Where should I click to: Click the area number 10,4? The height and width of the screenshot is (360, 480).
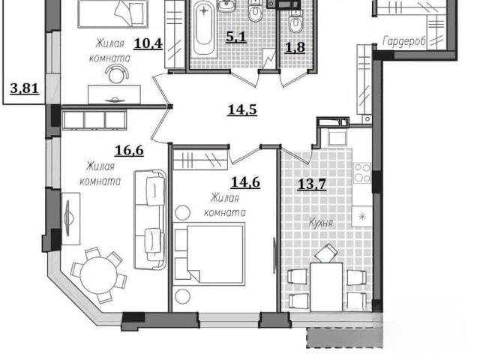(x=148, y=43)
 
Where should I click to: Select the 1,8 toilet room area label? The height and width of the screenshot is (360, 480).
(x=295, y=47)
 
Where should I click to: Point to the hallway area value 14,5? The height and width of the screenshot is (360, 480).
(x=242, y=110)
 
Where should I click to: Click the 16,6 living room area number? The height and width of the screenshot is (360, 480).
(x=129, y=150)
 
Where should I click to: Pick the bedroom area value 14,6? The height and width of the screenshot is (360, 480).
(x=245, y=182)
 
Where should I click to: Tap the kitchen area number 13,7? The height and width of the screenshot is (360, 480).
(x=312, y=184)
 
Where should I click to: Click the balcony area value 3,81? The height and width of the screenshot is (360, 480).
(x=25, y=88)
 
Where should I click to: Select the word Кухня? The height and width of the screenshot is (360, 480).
(x=320, y=223)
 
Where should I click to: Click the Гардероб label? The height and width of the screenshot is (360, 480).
(x=403, y=42)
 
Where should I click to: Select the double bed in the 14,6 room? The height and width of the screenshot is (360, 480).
(x=209, y=254)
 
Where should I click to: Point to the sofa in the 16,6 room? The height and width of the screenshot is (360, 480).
(x=150, y=220)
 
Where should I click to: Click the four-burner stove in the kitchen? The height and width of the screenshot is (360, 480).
(x=362, y=172)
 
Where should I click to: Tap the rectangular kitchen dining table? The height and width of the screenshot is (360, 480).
(x=326, y=286)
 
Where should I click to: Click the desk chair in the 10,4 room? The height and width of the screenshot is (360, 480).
(x=116, y=74)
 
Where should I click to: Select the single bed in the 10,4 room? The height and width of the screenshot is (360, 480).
(x=113, y=14)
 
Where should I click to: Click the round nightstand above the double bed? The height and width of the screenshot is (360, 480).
(x=182, y=212)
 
